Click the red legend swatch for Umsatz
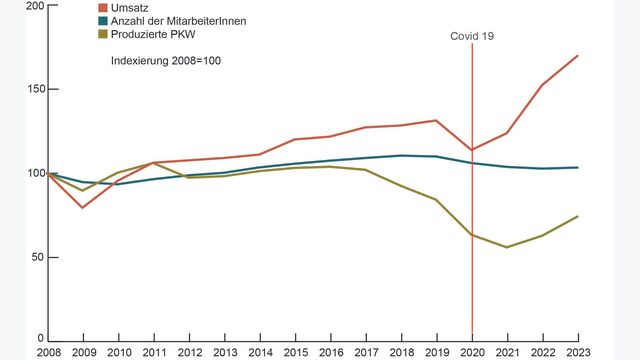[102, 8]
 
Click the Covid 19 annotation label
[471, 36]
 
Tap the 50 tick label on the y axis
[37, 257]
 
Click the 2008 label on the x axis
[49, 352]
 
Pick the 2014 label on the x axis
[260, 352]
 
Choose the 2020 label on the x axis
[472, 352]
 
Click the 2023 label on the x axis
[577, 352]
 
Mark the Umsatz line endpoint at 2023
[577, 55]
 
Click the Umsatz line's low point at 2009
[83, 207]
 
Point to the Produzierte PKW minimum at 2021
[507, 247]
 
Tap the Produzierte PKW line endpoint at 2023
[577, 216]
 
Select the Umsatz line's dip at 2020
[472, 150]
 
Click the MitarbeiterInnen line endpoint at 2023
[577, 167]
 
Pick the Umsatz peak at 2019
[436, 120]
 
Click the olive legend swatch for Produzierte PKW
[102, 34]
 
